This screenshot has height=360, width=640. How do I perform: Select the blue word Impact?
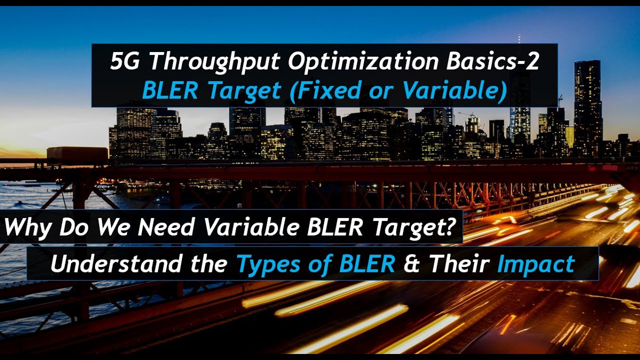coord(535,264)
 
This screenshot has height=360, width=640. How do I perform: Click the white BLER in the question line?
coord(336,228)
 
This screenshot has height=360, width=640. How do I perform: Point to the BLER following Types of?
coord(366,264)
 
